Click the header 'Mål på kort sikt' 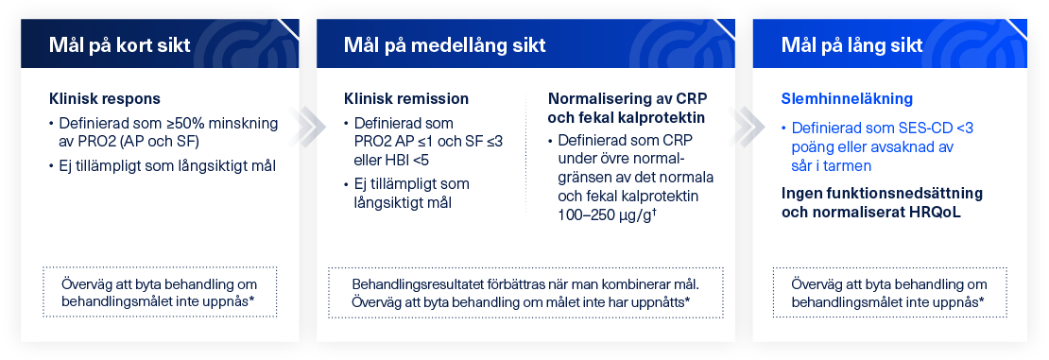[x=119, y=45]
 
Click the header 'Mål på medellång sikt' [x=444, y=45]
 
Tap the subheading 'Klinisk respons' [x=104, y=98]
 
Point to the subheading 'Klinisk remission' [x=406, y=98]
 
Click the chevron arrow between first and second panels [x=308, y=122]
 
